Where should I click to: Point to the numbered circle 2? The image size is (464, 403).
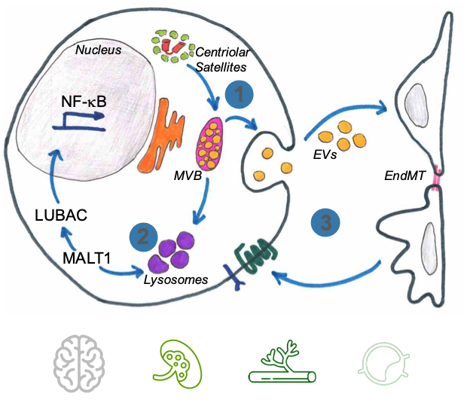[143, 237]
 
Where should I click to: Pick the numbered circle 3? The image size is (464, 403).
[326, 222]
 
